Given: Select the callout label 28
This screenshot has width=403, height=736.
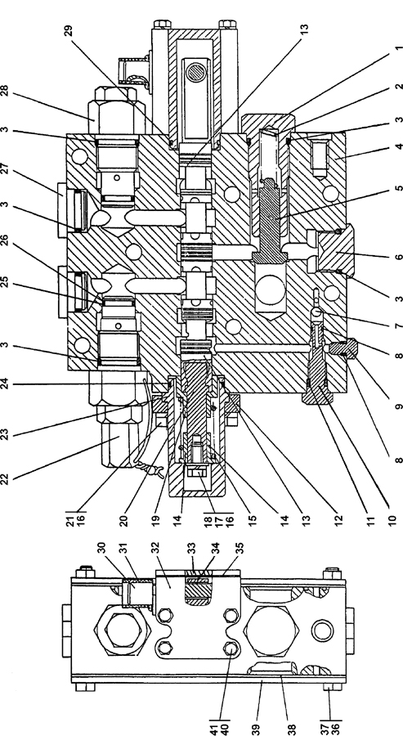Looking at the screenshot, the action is click(x=5, y=91).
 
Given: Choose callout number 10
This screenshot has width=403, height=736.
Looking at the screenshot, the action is click(x=393, y=519).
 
